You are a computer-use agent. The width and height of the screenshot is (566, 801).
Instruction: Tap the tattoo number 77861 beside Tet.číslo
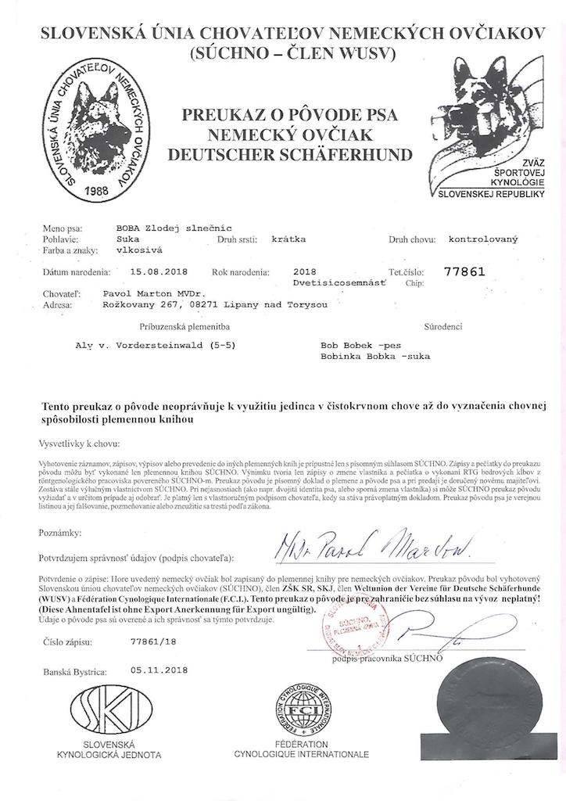tap(464, 272)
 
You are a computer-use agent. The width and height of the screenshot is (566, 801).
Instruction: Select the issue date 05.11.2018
tap(159, 670)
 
